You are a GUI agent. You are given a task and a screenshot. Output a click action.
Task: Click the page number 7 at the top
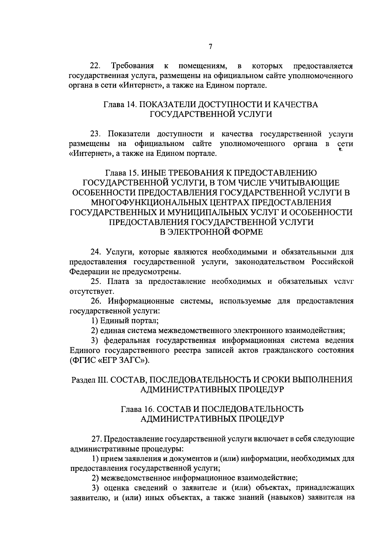[x=210, y=47]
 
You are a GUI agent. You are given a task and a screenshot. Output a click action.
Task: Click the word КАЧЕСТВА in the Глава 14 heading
[x=295, y=105]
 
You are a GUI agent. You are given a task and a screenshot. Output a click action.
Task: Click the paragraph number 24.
[x=96, y=252]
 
